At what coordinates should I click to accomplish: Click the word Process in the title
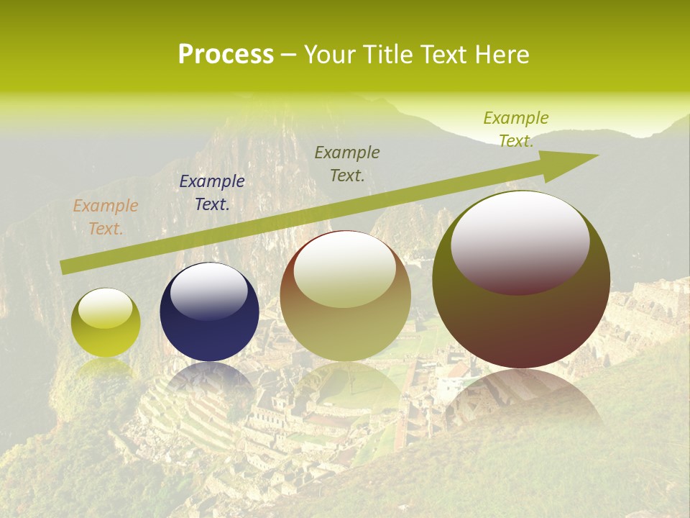coord(226,55)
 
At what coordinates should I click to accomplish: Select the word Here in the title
coord(503,55)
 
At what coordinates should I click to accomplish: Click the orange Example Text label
coord(106,217)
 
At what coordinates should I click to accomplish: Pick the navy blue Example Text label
coord(212,193)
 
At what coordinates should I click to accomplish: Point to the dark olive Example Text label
coord(347,163)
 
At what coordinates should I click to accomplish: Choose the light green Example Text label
coord(516,129)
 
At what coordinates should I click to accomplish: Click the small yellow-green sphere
coord(106,322)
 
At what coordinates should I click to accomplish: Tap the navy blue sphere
coord(209,312)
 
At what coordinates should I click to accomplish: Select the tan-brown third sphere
coord(345,296)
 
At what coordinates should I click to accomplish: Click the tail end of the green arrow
coord(65,266)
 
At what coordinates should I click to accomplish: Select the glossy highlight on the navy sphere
coord(208,290)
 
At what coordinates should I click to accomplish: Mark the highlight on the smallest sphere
coord(105,309)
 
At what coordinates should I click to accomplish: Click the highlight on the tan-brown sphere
coord(344,268)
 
